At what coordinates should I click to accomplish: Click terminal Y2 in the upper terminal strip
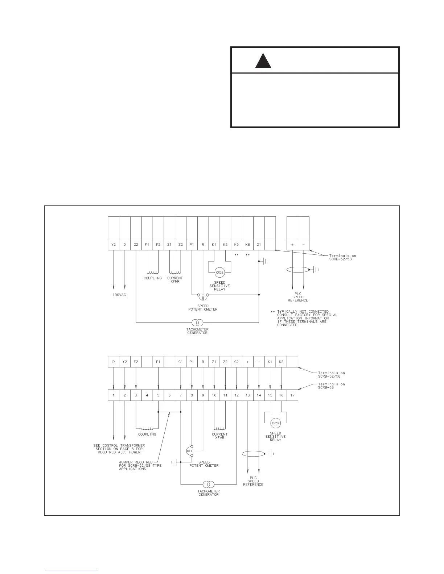pyautogui.click(x=114, y=245)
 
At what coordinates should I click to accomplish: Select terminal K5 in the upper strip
pyautogui.click(x=237, y=245)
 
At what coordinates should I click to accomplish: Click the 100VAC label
pyautogui.click(x=119, y=295)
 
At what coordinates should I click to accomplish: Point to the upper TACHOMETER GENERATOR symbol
pyautogui.click(x=197, y=322)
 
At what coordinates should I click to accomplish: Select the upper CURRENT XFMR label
pyautogui.click(x=175, y=280)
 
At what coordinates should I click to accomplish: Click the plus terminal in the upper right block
pyautogui.click(x=292, y=245)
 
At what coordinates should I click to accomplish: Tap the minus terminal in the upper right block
pyautogui.click(x=304, y=245)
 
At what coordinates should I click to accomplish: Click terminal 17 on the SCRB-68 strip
pyautogui.click(x=292, y=395)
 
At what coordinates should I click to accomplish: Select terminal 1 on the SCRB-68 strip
pyautogui.click(x=114, y=395)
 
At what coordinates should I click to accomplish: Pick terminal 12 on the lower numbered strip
pyautogui.click(x=237, y=395)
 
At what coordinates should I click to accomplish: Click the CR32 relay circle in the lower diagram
pyautogui.click(x=276, y=423)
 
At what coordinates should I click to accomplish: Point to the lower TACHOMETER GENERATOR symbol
pyautogui.click(x=209, y=484)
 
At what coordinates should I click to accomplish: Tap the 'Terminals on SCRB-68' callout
pyautogui.click(x=332, y=386)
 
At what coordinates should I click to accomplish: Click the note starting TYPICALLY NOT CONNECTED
pyautogui.click(x=307, y=318)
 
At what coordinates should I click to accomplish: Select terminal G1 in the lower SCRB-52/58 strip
pyautogui.click(x=181, y=362)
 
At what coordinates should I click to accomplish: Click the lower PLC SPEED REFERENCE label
pyautogui.click(x=253, y=481)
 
